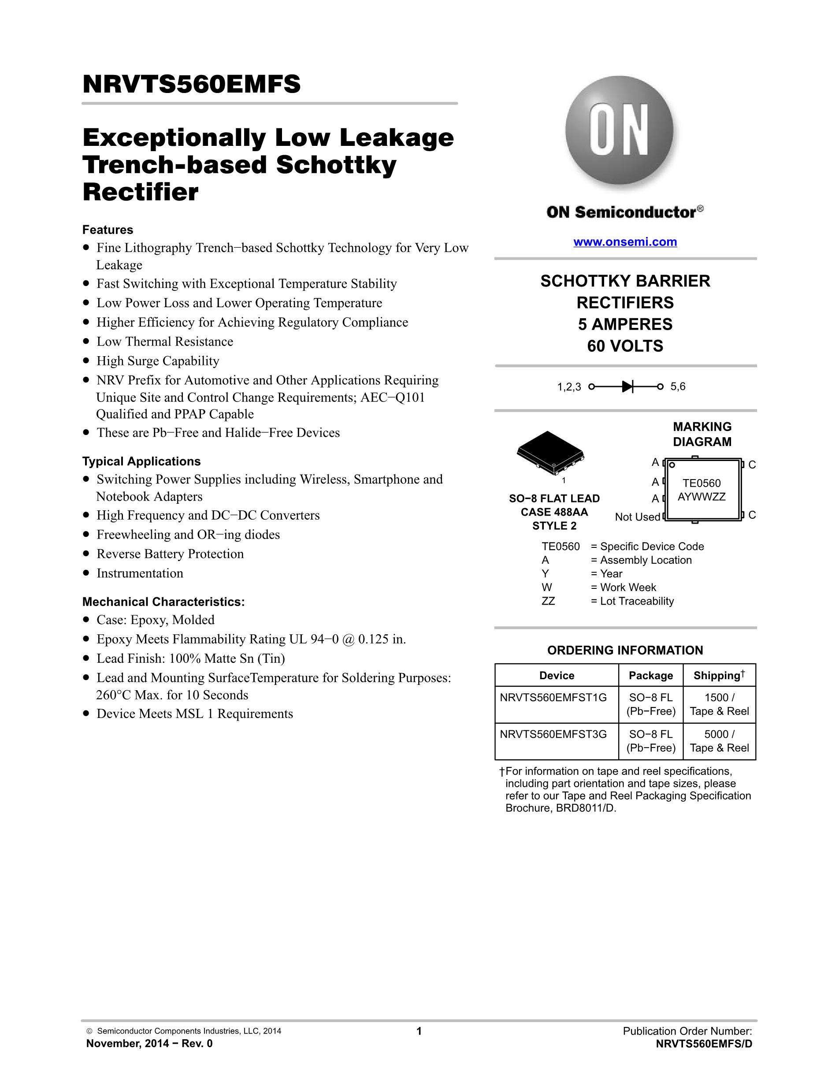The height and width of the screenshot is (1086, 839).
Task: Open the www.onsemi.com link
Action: point(625,242)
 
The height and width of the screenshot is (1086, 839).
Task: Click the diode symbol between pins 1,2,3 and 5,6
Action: point(627,387)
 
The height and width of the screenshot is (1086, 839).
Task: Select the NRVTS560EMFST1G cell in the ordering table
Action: point(553,698)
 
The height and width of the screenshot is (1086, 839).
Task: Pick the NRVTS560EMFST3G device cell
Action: point(553,734)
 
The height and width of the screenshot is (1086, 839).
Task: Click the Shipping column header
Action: point(719,675)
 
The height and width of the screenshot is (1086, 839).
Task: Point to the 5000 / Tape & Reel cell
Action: point(719,741)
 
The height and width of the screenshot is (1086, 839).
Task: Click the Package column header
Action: point(651,675)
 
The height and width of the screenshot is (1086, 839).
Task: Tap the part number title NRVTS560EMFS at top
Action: point(191,84)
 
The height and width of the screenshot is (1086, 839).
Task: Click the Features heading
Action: point(108,230)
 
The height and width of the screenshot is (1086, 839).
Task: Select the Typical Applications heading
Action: point(141,461)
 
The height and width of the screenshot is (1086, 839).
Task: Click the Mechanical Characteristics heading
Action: point(163,602)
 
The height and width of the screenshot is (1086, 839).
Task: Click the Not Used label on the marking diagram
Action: point(637,517)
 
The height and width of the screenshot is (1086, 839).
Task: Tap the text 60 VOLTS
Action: point(625,346)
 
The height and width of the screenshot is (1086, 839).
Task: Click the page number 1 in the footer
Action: point(419,1031)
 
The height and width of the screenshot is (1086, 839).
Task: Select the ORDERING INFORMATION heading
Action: point(625,651)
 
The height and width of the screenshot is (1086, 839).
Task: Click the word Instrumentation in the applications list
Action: point(140,573)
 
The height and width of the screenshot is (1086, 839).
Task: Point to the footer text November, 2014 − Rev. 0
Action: point(149,1044)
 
